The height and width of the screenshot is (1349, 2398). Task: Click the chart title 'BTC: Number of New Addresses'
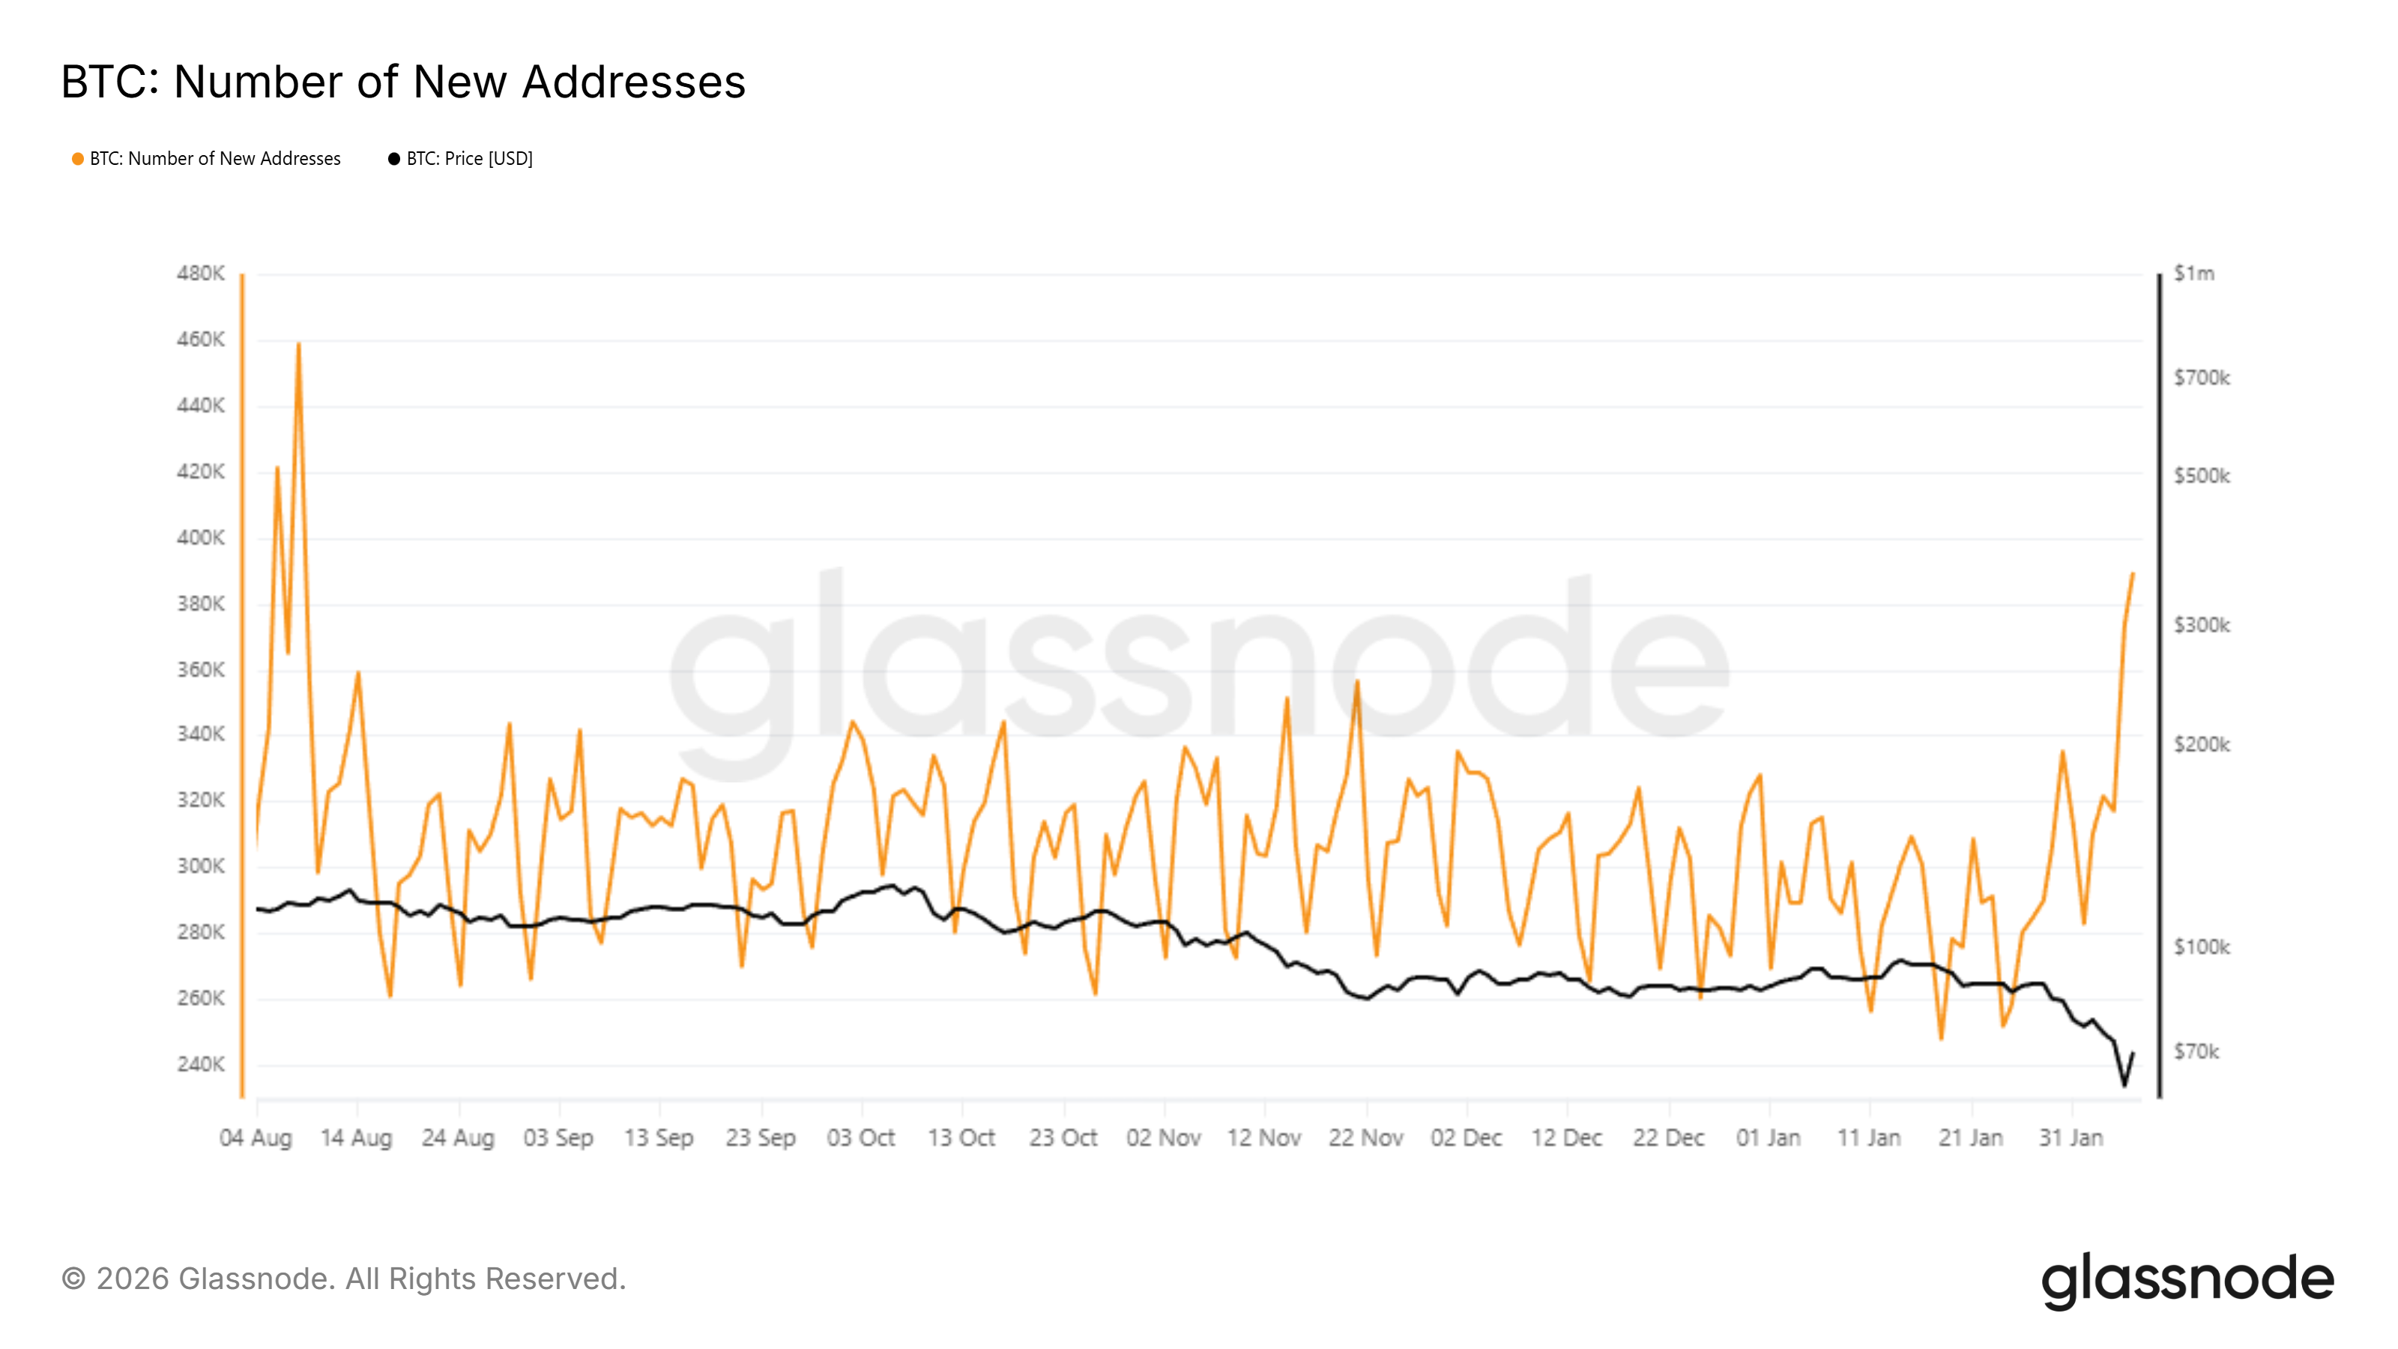pyautogui.click(x=402, y=82)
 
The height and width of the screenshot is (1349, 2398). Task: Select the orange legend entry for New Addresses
pyautogui.click(x=207, y=159)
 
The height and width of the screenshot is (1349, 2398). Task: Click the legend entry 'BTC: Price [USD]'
pyautogui.click(x=461, y=159)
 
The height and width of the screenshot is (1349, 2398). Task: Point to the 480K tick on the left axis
pyautogui.click(x=200, y=274)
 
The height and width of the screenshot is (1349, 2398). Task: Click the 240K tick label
pyautogui.click(x=200, y=1064)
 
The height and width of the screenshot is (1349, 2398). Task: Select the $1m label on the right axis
pyautogui.click(x=2193, y=274)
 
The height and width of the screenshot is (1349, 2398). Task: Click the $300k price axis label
pyautogui.click(x=2202, y=626)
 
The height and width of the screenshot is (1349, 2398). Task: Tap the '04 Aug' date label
pyautogui.click(x=256, y=1138)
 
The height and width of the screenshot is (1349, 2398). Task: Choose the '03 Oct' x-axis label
pyautogui.click(x=861, y=1138)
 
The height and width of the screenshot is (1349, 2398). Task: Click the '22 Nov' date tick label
pyautogui.click(x=1365, y=1138)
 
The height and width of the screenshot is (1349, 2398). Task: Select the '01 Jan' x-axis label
pyautogui.click(x=1768, y=1138)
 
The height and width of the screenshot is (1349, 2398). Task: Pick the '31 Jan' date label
pyautogui.click(x=2071, y=1138)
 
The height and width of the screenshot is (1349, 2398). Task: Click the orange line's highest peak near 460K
pyautogui.click(x=298, y=343)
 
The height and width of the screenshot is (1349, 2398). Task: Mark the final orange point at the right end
pyautogui.click(x=2133, y=574)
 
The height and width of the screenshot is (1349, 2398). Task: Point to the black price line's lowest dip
pyautogui.click(x=2124, y=1084)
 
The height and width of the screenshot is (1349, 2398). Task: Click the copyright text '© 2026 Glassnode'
pyautogui.click(x=343, y=1279)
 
